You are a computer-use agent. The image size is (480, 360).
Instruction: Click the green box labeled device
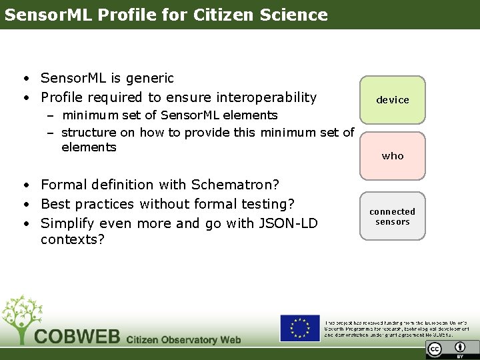[393, 100]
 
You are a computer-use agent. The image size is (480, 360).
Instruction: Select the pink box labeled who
[393, 156]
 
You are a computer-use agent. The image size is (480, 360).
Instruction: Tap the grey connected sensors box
[393, 217]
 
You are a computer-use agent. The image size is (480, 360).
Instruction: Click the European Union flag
[299, 328]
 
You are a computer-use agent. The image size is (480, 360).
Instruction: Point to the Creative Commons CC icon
[435, 349]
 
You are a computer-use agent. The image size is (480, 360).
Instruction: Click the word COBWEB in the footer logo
[77, 337]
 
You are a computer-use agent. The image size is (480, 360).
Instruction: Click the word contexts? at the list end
[73, 239]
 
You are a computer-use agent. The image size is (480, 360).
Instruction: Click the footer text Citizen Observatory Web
[183, 340]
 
